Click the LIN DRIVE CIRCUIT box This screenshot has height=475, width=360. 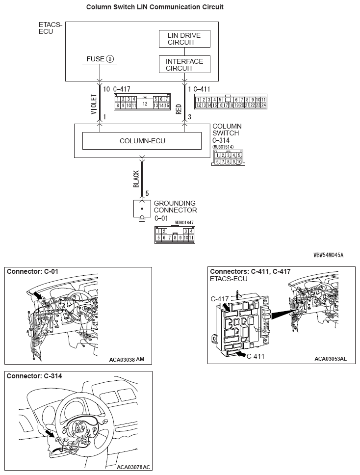pos(184,39)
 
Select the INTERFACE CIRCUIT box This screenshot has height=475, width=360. pos(184,65)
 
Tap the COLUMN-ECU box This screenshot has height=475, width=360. pos(142,141)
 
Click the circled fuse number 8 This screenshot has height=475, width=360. pos(110,59)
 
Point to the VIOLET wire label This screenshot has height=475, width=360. pos(93,105)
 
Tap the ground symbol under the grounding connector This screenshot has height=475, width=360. pos(142,219)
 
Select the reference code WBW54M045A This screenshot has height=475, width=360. pos(328,255)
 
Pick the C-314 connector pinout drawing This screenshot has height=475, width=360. pos(228,158)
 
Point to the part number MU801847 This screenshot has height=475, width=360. pos(185,222)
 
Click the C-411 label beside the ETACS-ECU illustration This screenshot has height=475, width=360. pos(255,356)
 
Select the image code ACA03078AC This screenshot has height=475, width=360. pos(133,467)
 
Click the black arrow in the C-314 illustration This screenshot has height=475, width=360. pos(50,433)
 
